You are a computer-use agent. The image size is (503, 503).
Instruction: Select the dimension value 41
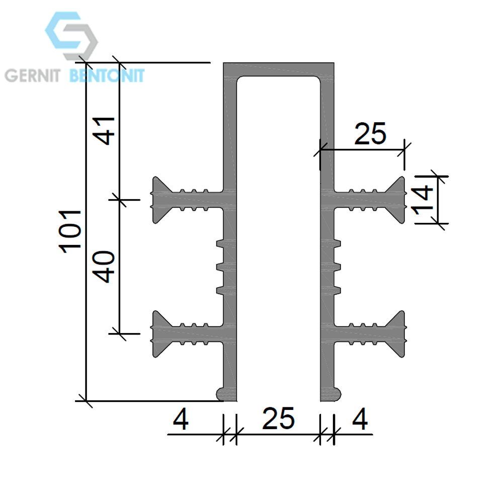click(x=106, y=131)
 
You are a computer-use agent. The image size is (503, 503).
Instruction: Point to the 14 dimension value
click(x=423, y=200)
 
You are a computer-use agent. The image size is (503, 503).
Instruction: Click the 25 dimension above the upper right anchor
click(x=370, y=133)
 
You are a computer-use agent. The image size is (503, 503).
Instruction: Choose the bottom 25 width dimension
click(x=278, y=418)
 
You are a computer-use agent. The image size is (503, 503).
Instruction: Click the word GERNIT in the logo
click(x=32, y=76)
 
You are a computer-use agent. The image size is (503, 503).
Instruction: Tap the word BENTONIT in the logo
click(x=107, y=76)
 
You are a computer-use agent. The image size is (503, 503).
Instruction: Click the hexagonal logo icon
click(x=71, y=36)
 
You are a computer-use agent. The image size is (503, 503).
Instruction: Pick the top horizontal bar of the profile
click(x=279, y=69)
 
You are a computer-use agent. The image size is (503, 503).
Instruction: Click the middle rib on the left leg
click(x=220, y=267)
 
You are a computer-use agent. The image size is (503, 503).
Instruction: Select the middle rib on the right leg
click(x=337, y=267)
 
